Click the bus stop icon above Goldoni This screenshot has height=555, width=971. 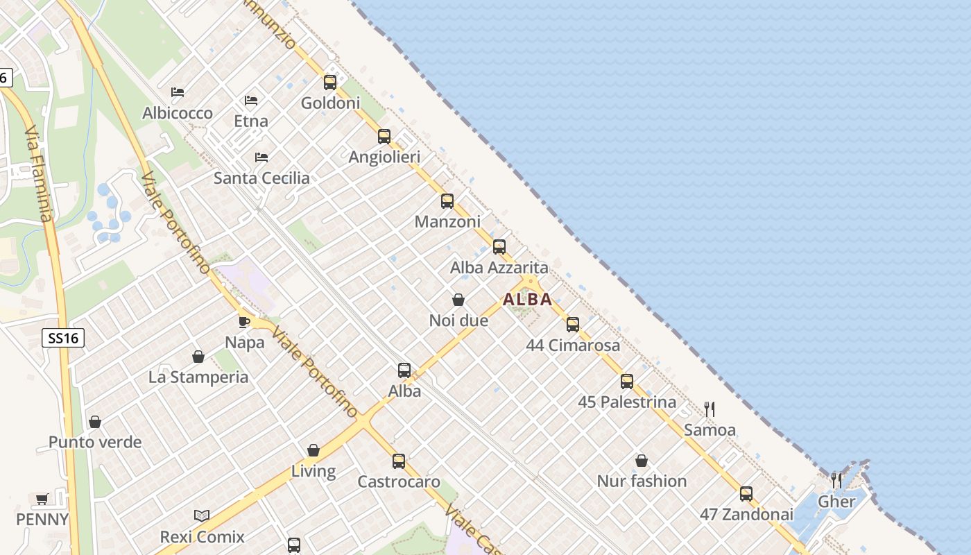(330, 83)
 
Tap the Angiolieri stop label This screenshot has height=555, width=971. (384, 157)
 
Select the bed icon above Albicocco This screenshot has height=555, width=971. (178, 92)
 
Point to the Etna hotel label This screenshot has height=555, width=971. (251, 121)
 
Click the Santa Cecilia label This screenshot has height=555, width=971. (261, 178)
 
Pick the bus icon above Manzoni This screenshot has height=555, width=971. (447, 201)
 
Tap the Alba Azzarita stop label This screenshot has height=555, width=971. (499, 268)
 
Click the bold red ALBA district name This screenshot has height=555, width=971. (527, 300)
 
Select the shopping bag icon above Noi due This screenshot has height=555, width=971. (458, 300)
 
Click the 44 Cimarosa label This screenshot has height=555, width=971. (573, 345)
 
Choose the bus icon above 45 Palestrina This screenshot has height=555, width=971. (627, 381)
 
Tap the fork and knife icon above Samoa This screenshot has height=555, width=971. (710, 409)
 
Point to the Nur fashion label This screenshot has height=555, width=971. (642, 481)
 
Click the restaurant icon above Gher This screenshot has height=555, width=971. (836, 480)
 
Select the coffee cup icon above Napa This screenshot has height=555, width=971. (244, 321)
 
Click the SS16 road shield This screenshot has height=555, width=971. (63, 338)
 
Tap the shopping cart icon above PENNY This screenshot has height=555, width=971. (42, 499)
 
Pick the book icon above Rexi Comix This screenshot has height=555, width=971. (202, 516)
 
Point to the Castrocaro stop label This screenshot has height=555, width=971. (399, 481)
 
